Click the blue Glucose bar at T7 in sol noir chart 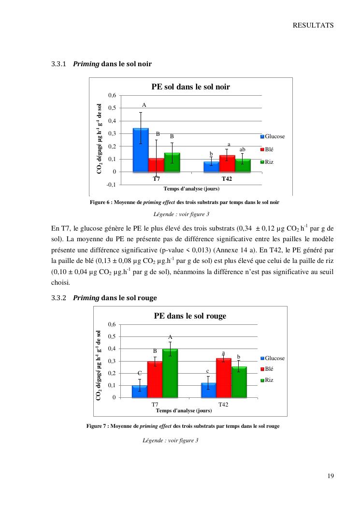pos(141,150)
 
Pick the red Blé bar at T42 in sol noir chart pos(227,163)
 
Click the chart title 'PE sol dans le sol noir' pos(190,87)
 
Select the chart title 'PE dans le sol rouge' pos(190,316)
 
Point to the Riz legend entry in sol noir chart pos(269,162)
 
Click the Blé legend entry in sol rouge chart pos(269,369)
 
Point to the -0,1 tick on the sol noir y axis pos(111,185)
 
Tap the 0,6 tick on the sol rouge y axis pos(112,324)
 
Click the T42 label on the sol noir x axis pos(227,179)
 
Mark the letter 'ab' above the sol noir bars pos(243,150)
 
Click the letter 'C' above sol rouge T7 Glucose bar pos(140,373)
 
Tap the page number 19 pos(331,476)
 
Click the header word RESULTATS pos(313,25)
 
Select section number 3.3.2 pos(58,298)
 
